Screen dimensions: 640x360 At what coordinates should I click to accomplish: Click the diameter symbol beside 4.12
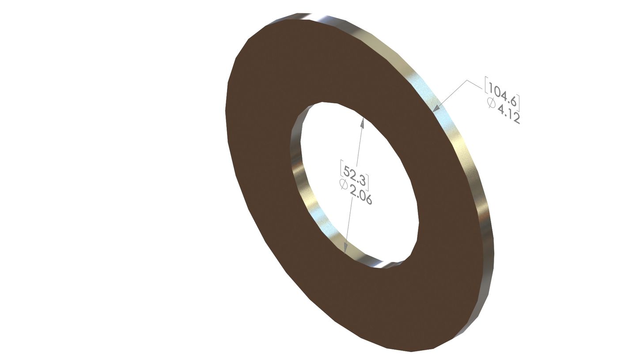(491, 102)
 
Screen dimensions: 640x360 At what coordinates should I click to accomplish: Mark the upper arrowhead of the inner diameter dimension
(362, 123)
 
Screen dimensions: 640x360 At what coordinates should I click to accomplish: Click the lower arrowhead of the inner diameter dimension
(345, 248)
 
